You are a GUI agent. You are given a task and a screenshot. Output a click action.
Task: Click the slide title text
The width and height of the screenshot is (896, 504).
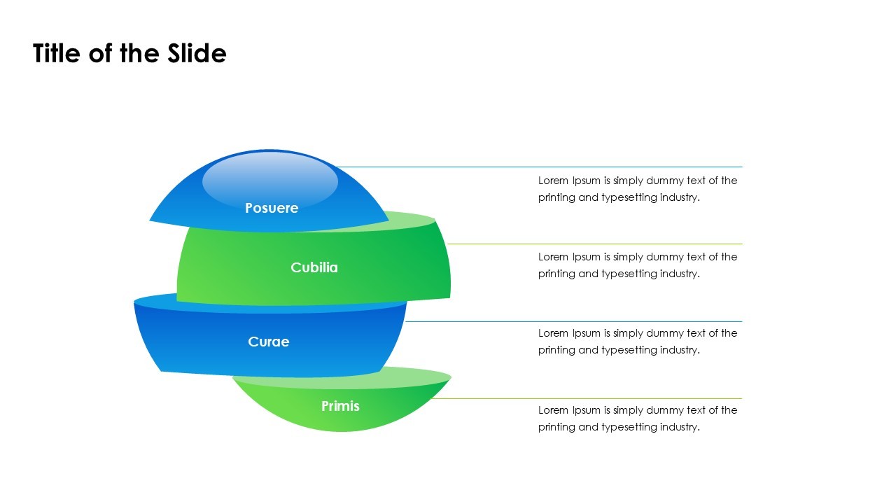tap(129, 53)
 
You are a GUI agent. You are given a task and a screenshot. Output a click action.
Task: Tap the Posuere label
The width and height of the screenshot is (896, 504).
tap(272, 208)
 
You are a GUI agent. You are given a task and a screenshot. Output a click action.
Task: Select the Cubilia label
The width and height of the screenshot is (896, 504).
tap(314, 267)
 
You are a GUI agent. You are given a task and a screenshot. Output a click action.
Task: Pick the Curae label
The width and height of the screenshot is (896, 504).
tap(268, 342)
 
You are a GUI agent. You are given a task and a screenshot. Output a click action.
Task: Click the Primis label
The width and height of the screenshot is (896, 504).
tap(340, 406)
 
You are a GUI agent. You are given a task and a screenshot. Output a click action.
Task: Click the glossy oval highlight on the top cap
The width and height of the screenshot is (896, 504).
tap(270, 181)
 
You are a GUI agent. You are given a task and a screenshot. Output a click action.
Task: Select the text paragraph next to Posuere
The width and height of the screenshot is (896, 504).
tap(637, 189)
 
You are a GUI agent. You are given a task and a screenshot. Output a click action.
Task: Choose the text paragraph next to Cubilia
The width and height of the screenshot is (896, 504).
tap(637, 265)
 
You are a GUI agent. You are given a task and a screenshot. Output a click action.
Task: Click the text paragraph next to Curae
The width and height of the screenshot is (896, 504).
tap(637, 342)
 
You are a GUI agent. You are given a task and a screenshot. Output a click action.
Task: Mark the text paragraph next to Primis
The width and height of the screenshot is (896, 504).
tap(637, 419)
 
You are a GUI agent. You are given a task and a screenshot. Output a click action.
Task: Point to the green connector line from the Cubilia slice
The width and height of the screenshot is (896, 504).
tap(595, 244)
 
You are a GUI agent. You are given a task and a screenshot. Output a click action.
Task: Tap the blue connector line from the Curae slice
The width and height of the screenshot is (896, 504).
tap(574, 321)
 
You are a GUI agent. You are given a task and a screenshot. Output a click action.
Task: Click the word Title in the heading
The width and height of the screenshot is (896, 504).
tap(57, 53)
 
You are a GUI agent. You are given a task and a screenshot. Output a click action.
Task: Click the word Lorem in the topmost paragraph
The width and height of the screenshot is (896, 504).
tap(553, 181)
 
